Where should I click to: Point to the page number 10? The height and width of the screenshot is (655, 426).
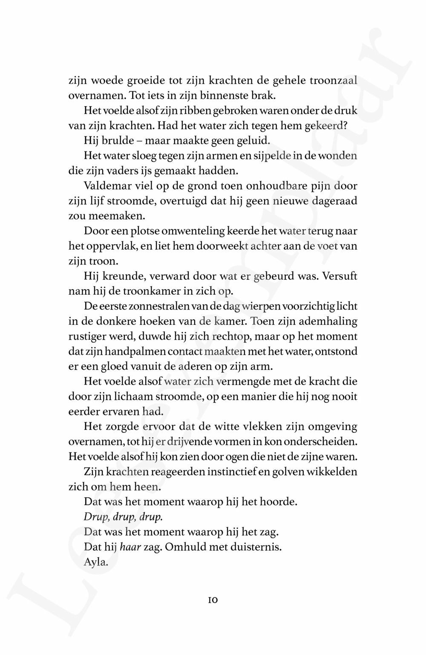[x=213, y=600]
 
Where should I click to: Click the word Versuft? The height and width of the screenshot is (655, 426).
[x=340, y=276]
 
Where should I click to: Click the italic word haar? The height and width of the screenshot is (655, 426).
[x=130, y=547]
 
